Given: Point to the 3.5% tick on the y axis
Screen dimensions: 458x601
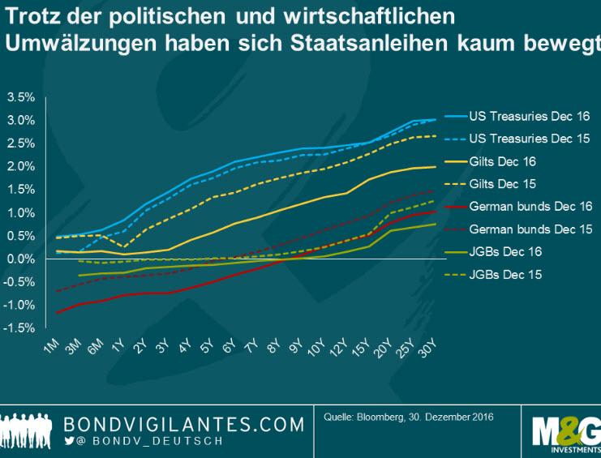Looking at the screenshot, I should (x=20, y=97).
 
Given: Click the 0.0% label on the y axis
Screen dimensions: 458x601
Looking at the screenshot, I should (x=20, y=259).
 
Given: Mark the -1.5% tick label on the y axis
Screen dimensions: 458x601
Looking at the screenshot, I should (x=19, y=327).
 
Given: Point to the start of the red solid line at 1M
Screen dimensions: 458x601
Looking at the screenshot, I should (x=58, y=312).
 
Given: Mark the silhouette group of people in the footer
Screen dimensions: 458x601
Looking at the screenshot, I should (x=28, y=429).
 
